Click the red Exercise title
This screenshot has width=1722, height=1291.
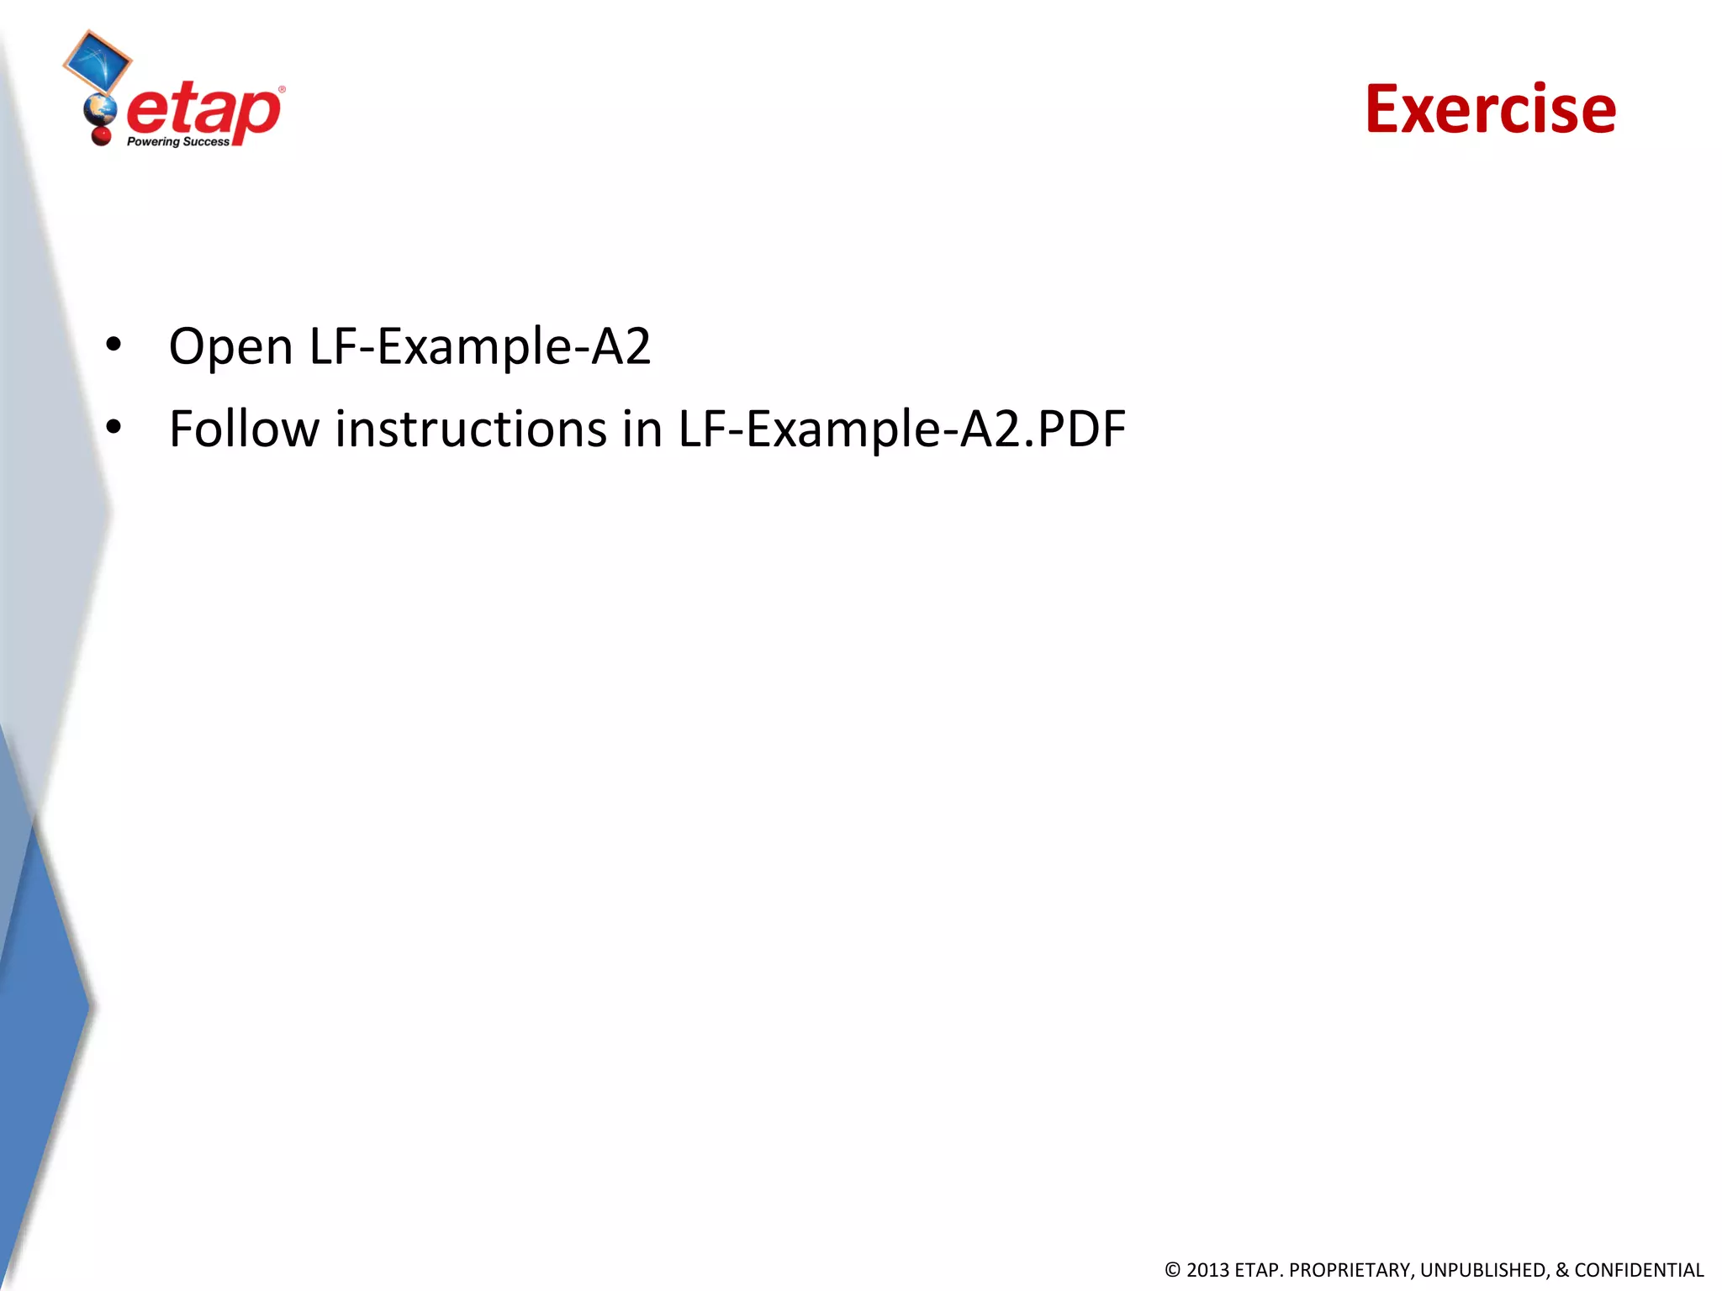tap(1490, 109)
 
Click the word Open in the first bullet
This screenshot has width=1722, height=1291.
tap(230, 346)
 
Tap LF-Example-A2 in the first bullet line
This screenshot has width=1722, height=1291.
tap(480, 346)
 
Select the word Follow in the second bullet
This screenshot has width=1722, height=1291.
tap(244, 429)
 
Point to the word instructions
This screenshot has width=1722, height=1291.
tap(471, 429)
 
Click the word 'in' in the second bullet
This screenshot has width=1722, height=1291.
tap(642, 429)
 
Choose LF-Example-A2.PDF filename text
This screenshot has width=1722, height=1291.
tap(901, 429)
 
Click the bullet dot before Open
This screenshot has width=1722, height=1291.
tap(114, 345)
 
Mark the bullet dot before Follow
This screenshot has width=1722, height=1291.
tap(114, 427)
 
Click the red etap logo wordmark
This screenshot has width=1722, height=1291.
tap(203, 113)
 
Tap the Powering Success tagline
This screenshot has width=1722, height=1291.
tap(177, 142)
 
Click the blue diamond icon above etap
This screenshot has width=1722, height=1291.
tap(98, 61)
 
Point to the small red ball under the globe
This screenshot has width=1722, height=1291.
tap(102, 134)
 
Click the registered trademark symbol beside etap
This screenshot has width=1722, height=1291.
tap(282, 89)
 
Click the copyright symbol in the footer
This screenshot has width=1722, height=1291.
tap(1172, 1270)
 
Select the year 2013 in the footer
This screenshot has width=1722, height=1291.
tap(1207, 1270)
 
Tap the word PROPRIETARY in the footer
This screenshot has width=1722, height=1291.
tap(1350, 1270)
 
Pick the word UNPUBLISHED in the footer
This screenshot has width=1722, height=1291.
tap(1483, 1270)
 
